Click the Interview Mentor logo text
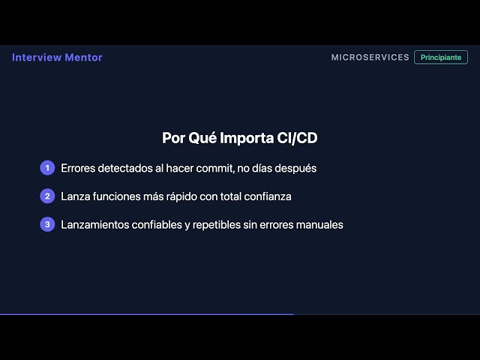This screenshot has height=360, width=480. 57,58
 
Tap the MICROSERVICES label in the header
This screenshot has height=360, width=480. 370,58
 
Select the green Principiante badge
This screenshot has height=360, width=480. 441,58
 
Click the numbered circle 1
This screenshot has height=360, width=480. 47,168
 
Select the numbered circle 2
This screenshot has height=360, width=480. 47,196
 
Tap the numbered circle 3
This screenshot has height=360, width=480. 47,224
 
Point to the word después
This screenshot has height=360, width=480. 295,168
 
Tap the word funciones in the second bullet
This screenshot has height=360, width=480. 115,196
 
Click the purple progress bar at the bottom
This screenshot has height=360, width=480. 146,314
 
